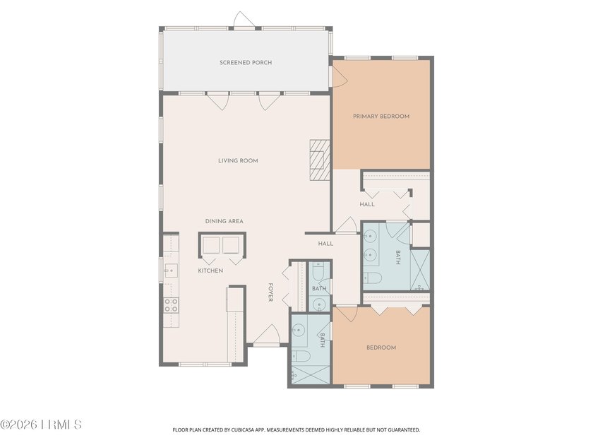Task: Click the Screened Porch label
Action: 246,62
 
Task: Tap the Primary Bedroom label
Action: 381,116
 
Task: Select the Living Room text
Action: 238,160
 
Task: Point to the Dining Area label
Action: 224,221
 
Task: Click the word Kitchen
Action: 210,271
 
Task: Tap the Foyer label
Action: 270,292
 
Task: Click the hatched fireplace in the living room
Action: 320,160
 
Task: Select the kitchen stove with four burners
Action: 171,305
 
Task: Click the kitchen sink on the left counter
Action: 171,271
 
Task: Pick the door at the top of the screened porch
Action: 244,20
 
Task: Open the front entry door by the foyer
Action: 267,336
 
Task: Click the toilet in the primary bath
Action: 373,278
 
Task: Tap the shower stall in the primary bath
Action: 420,270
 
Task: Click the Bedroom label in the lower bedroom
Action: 381,348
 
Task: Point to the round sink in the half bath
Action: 320,304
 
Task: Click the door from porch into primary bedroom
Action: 338,77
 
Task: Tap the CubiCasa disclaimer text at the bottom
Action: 296,430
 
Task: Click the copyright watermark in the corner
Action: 41,425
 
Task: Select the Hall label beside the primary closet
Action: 367,204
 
